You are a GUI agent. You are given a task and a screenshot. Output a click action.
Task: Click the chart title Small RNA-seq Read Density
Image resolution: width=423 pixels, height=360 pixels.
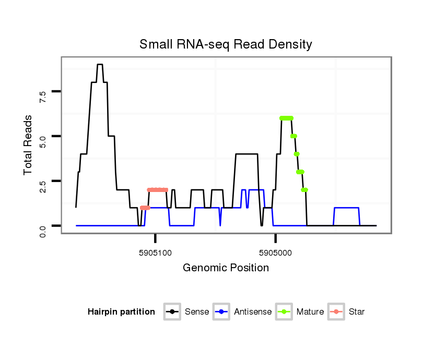[x=226, y=44]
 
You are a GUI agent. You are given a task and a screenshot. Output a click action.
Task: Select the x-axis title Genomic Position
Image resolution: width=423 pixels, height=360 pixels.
[x=226, y=268]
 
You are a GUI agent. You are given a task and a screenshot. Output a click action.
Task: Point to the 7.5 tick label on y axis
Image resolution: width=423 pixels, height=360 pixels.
[x=43, y=96]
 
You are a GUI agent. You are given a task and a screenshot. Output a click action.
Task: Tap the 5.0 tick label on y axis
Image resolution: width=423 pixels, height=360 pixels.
[x=43, y=141]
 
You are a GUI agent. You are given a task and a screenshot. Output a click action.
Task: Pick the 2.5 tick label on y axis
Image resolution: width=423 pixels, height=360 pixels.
[x=43, y=186]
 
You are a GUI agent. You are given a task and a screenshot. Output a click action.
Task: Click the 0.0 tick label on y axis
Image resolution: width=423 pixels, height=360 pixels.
[x=43, y=230]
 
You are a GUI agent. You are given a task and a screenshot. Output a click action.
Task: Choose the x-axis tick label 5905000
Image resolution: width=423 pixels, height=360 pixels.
[x=275, y=253]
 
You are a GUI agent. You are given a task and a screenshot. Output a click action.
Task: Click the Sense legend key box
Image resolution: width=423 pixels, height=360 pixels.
[x=172, y=312]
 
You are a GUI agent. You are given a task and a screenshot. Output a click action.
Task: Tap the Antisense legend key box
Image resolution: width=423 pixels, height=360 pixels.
[x=221, y=312]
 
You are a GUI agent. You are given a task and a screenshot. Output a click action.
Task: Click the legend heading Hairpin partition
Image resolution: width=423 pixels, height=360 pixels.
[x=122, y=312]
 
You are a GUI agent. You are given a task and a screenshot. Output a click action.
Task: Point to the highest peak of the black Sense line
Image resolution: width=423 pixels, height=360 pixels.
[x=100, y=65]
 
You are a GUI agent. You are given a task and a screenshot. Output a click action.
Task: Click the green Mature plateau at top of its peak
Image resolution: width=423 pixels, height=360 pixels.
[x=286, y=118]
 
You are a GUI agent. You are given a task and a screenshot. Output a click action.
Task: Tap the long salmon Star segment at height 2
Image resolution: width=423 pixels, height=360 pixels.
[x=158, y=190]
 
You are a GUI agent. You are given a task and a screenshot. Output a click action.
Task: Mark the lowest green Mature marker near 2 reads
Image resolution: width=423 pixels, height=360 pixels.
[x=304, y=190]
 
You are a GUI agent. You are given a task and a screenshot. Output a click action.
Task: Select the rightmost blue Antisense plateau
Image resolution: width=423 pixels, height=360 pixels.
[x=346, y=208]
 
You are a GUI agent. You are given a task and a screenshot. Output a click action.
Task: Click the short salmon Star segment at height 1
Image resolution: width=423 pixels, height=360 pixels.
[x=145, y=208]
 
